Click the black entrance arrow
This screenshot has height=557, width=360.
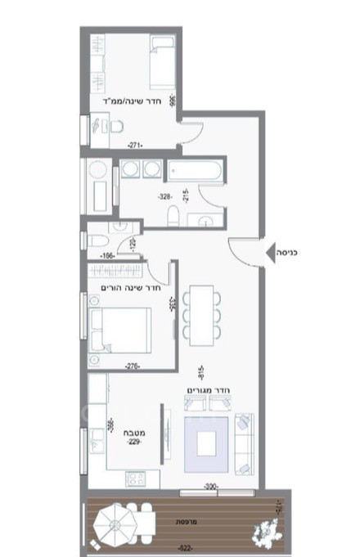point(271,253)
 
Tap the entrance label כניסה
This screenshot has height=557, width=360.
point(289,253)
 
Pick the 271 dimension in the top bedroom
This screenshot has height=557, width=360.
point(136,145)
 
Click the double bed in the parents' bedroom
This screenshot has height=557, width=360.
point(119,329)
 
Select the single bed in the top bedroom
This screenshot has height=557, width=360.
point(159,63)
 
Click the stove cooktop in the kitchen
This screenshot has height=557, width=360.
point(133,478)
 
